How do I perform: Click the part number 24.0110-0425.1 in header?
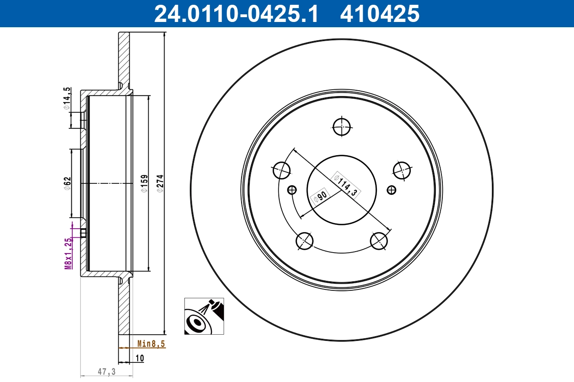[x=235, y=14]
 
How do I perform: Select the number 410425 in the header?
[x=379, y=14]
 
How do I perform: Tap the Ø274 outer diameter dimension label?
[x=161, y=183]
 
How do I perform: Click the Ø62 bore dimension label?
[x=67, y=183]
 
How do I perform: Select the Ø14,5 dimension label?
[x=67, y=99]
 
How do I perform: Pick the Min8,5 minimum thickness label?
[x=151, y=343]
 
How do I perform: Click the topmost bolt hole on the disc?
[x=342, y=127]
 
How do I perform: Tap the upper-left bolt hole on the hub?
[x=282, y=169]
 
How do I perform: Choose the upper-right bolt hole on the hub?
[x=402, y=169]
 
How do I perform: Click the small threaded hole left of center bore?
[x=292, y=190]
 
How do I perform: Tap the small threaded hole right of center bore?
[x=392, y=190]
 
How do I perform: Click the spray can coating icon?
[x=204, y=316]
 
